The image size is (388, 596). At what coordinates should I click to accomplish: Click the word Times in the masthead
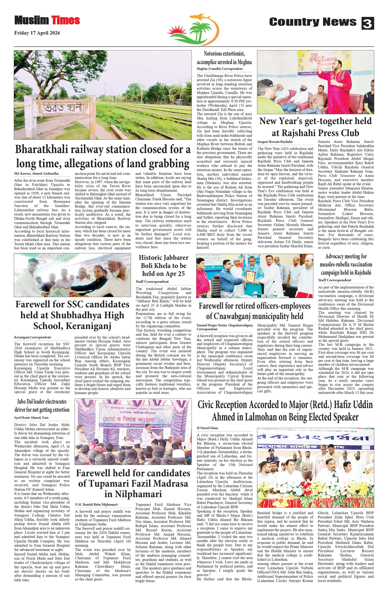[66, 20]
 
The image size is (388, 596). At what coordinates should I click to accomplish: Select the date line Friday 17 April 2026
[37, 33]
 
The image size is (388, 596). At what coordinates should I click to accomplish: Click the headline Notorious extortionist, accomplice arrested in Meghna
[224, 58]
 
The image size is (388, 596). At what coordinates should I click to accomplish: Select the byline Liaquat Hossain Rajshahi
[275, 142]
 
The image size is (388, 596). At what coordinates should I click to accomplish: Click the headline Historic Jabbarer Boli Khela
[164, 265]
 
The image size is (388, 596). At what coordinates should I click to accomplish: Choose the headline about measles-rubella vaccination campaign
[346, 265]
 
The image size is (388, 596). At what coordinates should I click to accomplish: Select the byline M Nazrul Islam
[208, 428]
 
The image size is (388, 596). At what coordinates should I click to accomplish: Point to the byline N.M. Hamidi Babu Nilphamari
[97, 504]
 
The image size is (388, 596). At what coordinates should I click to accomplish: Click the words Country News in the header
[313, 22]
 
